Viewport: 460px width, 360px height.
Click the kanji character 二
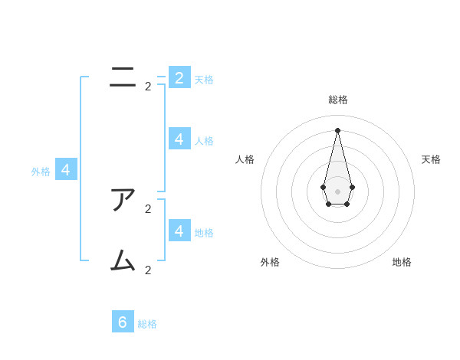click(x=123, y=77)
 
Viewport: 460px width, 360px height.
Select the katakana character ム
click(x=123, y=261)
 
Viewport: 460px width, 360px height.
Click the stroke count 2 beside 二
click(x=148, y=87)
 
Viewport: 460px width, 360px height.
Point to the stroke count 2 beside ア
click(x=148, y=208)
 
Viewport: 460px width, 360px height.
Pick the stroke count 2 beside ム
click(x=148, y=270)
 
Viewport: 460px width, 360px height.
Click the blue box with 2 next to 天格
click(x=179, y=77)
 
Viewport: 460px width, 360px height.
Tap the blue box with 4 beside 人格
click(x=179, y=139)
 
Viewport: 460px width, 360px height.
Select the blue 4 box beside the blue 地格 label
click(x=179, y=231)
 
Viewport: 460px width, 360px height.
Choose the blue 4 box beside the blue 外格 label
click(x=66, y=170)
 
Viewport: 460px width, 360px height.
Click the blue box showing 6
click(x=123, y=322)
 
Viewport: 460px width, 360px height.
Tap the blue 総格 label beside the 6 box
click(x=147, y=324)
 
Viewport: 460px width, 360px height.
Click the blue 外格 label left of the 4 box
click(x=41, y=172)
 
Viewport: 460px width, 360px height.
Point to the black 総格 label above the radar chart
click(x=337, y=100)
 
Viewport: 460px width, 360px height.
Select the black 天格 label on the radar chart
click(x=431, y=159)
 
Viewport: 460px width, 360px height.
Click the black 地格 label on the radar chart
click(x=402, y=262)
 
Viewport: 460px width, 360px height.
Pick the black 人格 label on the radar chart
click(x=245, y=159)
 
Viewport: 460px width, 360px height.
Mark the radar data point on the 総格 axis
click(x=337, y=130)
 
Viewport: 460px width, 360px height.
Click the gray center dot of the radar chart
click(x=337, y=191)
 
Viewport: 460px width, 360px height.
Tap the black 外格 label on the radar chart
click(x=270, y=262)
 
